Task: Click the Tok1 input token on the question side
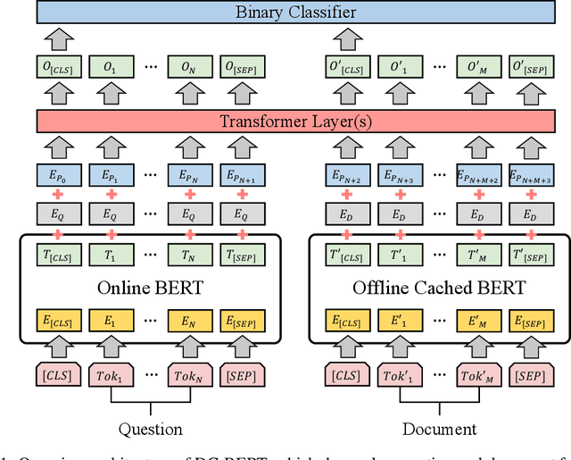(x=111, y=374)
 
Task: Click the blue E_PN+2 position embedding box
(x=344, y=176)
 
